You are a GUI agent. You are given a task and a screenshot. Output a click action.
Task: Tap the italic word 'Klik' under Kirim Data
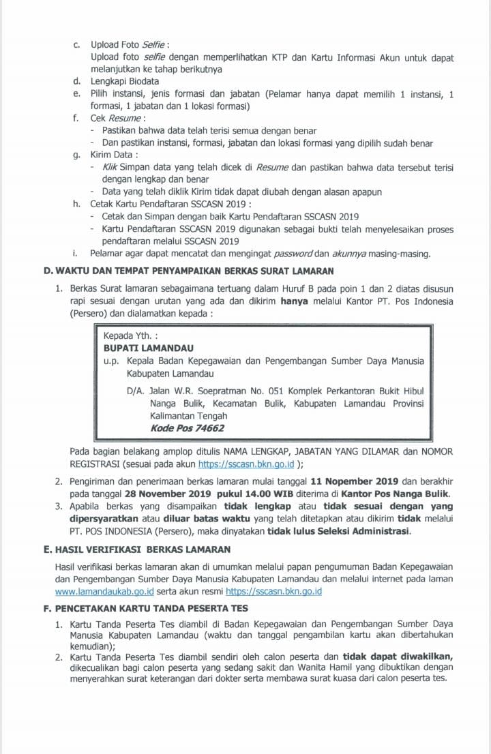pos(109,167)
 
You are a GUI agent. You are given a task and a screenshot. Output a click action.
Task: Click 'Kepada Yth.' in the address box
pos(130,335)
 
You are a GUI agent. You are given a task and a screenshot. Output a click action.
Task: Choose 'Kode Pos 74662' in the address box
pos(188,428)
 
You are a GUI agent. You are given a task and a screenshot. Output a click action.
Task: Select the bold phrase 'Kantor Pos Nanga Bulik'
pos(397,494)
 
